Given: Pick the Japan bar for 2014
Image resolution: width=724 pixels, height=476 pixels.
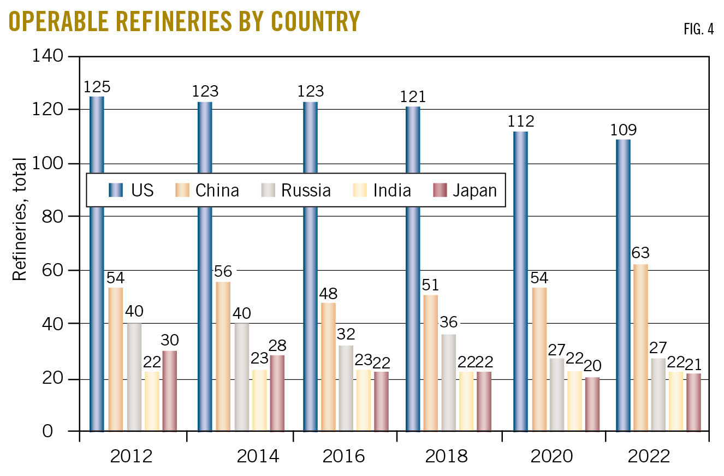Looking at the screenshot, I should click(277, 393).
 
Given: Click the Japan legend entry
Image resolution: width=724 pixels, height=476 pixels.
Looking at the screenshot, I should click(465, 190).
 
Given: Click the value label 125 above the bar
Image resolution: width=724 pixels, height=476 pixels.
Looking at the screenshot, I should click(97, 87).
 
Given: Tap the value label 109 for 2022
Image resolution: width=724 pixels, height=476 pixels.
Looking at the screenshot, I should click(622, 130).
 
